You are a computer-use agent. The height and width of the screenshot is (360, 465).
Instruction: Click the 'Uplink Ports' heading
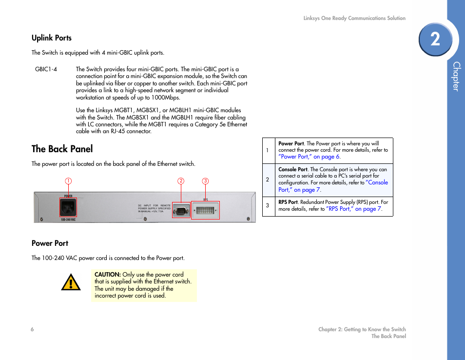point(52,38)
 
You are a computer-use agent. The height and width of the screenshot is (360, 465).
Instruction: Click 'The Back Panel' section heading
point(62,149)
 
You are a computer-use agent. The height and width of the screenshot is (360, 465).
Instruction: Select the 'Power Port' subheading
point(50,243)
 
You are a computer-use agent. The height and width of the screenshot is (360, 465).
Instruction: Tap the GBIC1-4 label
point(46,69)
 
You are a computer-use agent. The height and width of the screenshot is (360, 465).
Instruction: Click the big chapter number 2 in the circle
point(435,39)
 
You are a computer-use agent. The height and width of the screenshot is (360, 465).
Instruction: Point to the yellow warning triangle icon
point(71,282)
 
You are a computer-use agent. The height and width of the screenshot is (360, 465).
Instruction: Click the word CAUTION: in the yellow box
point(108,275)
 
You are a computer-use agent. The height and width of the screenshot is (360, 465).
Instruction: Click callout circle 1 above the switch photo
point(68,181)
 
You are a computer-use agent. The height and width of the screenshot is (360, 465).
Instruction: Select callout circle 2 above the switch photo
point(181,181)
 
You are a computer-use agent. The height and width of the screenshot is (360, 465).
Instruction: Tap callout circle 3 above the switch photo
point(205,181)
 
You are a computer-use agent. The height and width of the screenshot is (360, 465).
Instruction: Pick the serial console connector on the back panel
point(181,211)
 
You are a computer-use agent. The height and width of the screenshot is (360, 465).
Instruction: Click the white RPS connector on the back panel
point(205,211)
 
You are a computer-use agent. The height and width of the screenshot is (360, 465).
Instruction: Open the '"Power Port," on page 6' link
point(309,157)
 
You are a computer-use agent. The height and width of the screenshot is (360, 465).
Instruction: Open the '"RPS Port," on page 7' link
point(354,209)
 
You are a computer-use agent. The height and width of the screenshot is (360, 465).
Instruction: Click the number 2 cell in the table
point(267,180)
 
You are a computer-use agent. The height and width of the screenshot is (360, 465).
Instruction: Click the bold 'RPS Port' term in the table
point(288,202)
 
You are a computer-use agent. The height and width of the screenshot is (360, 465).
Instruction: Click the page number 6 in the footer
point(32,329)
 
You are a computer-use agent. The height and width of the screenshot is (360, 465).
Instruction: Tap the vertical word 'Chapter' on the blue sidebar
point(456,77)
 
